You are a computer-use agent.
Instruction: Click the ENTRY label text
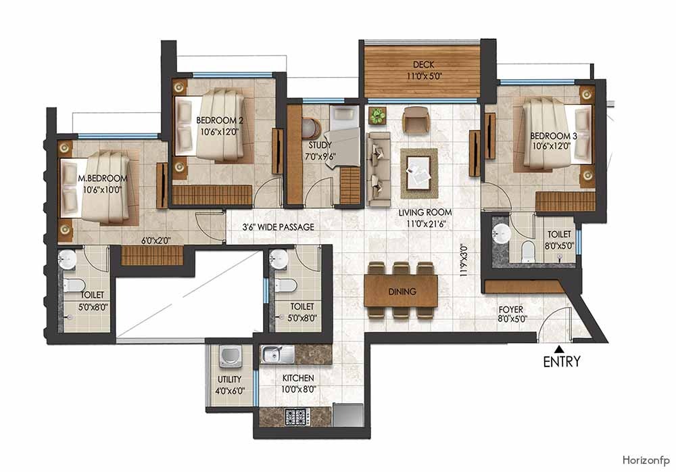(561, 362)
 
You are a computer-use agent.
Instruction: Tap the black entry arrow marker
(558, 349)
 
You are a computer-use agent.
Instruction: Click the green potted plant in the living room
(377, 116)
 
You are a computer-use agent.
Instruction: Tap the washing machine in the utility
(226, 356)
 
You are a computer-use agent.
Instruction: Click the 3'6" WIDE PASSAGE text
(279, 227)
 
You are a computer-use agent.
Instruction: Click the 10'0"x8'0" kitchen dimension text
(298, 389)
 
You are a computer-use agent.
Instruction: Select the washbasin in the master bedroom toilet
(66, 258)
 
